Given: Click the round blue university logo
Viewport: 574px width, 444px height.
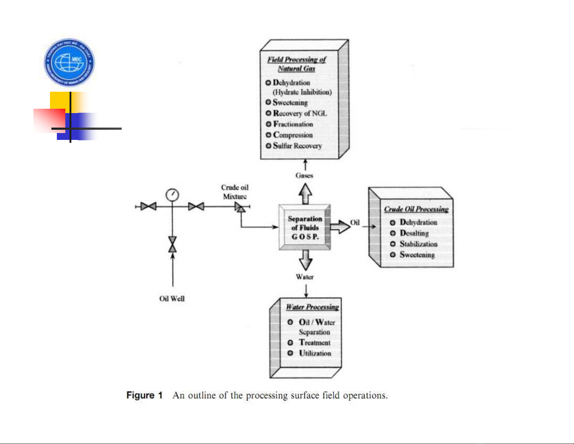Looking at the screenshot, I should click(x=69, y=62).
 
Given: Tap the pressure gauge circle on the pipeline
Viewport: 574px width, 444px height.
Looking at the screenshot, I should click(x=172, y=195).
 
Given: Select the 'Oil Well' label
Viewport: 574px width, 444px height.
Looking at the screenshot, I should click(x=172, y=299).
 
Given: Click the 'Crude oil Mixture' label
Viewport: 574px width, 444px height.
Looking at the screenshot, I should click(x=235, y=192).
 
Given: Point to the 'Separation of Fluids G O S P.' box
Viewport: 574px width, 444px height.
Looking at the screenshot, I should click(x=305, y=228).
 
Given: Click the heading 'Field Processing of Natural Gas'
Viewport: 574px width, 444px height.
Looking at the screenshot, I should click(x=297, y=64).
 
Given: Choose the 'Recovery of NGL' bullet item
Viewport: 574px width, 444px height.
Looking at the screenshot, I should click(x=299, y=113).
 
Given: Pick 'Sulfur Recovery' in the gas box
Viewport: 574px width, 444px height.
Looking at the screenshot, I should click(x=297, y=146).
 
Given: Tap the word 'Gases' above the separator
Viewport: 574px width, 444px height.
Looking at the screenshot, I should click(x=304, y=175).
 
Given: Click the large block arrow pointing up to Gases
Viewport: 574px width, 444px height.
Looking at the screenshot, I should click(x=305, y=194).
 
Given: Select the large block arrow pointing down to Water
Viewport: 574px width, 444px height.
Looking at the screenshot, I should click(x=306, y=260).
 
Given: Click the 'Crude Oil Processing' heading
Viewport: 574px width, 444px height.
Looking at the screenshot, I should click(x=416, y=209).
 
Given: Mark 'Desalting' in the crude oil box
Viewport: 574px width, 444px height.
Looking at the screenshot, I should click(x=414, y=233).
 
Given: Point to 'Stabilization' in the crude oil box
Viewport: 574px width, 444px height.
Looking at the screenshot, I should click(x=418, y=244).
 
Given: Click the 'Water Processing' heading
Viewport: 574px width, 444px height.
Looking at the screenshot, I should click(x=312, y=307).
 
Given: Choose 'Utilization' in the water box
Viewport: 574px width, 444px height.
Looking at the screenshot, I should click(x=315, y=353).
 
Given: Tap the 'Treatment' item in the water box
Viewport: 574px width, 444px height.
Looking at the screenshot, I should click(x=314, y=343).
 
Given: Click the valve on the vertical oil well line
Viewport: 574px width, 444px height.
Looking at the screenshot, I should click(x=172, y=245).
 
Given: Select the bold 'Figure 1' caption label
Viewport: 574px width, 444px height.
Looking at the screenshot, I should click(x=144, y=395).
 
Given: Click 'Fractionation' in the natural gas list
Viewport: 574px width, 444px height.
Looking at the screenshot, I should click(x=293, y=124).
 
